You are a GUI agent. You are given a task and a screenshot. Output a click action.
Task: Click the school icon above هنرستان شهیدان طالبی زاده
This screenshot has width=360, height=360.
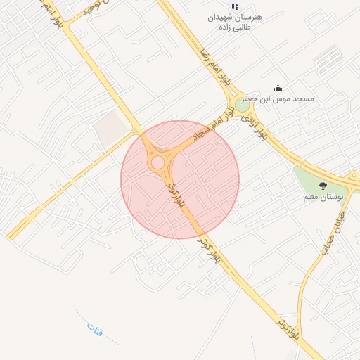(235, 6)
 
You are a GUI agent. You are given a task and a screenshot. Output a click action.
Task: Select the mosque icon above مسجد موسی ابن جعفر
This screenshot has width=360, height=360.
(278, 88)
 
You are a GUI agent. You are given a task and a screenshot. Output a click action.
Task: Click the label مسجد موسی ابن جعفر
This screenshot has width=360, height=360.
(284, 99)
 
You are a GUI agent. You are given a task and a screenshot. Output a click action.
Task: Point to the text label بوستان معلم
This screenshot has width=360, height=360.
(322, 197)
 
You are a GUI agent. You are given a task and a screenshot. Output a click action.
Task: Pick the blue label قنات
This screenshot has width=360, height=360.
(95, 328)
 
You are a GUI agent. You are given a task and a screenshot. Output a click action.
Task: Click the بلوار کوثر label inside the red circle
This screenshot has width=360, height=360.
(175, 194)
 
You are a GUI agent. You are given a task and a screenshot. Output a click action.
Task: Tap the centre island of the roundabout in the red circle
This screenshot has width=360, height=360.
(157, 163)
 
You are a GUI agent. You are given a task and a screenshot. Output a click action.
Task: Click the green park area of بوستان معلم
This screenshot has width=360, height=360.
(309, 179)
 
